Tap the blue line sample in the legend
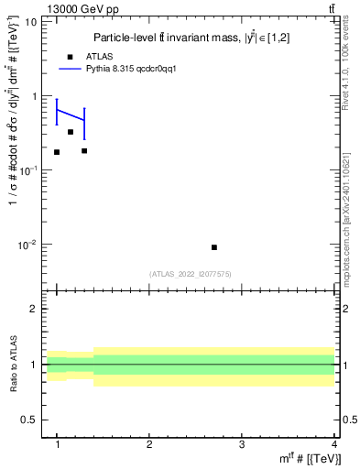click(72, 69)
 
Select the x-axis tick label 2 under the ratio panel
click(149, 443)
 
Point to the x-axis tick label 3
click(241, 443)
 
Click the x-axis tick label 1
click(58, 443)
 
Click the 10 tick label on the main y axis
click(29, 21)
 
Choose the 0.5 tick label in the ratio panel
click(27, 420)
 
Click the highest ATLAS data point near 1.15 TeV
click(71, 132)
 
